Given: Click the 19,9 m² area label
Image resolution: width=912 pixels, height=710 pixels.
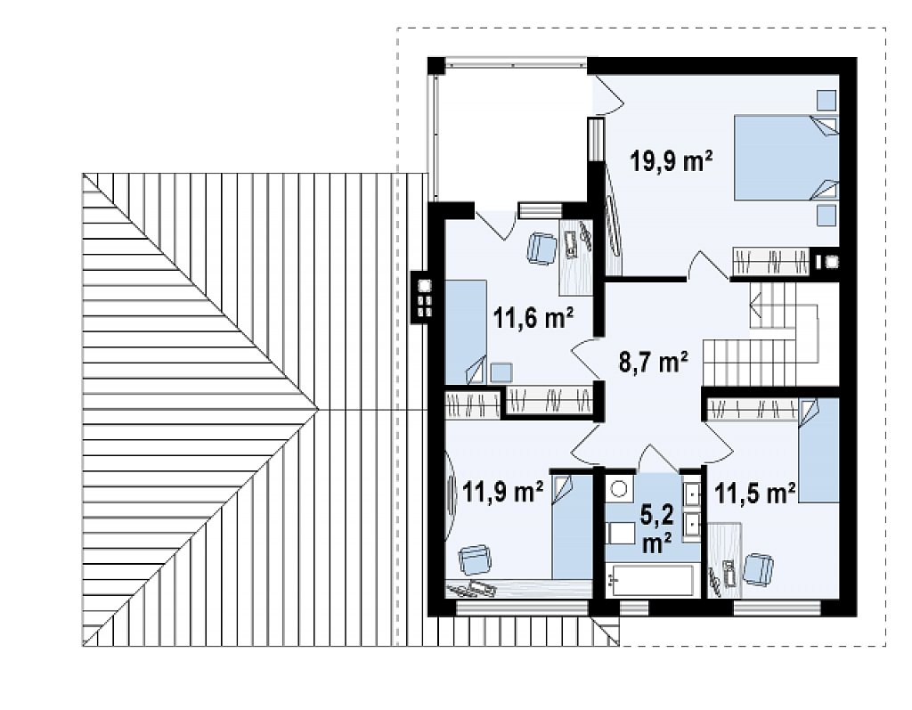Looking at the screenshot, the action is pos(672,161).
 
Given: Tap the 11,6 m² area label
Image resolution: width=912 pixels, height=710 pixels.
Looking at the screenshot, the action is pos(533,318).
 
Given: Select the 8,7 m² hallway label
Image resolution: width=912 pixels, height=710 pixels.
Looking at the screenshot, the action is pos(653,362).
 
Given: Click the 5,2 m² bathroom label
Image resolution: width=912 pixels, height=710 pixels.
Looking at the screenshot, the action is pos(657,528).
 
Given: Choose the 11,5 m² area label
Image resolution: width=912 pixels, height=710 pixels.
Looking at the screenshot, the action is pos(755,494).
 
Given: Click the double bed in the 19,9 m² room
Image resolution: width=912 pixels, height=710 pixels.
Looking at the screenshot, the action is pos(786,157).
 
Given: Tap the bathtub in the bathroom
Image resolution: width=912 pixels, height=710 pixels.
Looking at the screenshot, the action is pos(650,580).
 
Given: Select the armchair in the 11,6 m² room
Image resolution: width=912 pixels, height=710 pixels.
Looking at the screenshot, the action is pos(541,248).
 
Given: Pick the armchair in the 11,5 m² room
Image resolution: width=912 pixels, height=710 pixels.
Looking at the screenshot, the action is pos(759,569).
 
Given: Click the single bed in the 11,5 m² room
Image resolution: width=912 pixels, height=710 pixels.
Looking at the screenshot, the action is pos(818,450).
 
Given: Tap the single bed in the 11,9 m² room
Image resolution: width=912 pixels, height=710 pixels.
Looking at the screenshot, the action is pos(572,527).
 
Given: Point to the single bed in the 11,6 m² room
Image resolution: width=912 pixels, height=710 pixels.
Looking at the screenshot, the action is pos(466,331).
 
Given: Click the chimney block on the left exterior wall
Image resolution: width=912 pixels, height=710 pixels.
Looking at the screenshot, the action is pos(423,297).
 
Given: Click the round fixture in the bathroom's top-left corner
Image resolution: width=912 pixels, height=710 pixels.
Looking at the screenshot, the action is pos(618,487).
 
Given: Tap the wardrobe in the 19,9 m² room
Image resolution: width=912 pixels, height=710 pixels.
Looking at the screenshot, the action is pos(770,261).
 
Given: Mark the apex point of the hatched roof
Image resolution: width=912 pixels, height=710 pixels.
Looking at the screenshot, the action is pos(319,410).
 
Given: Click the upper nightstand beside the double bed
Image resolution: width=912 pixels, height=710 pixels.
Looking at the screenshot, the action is pos(826,100).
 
